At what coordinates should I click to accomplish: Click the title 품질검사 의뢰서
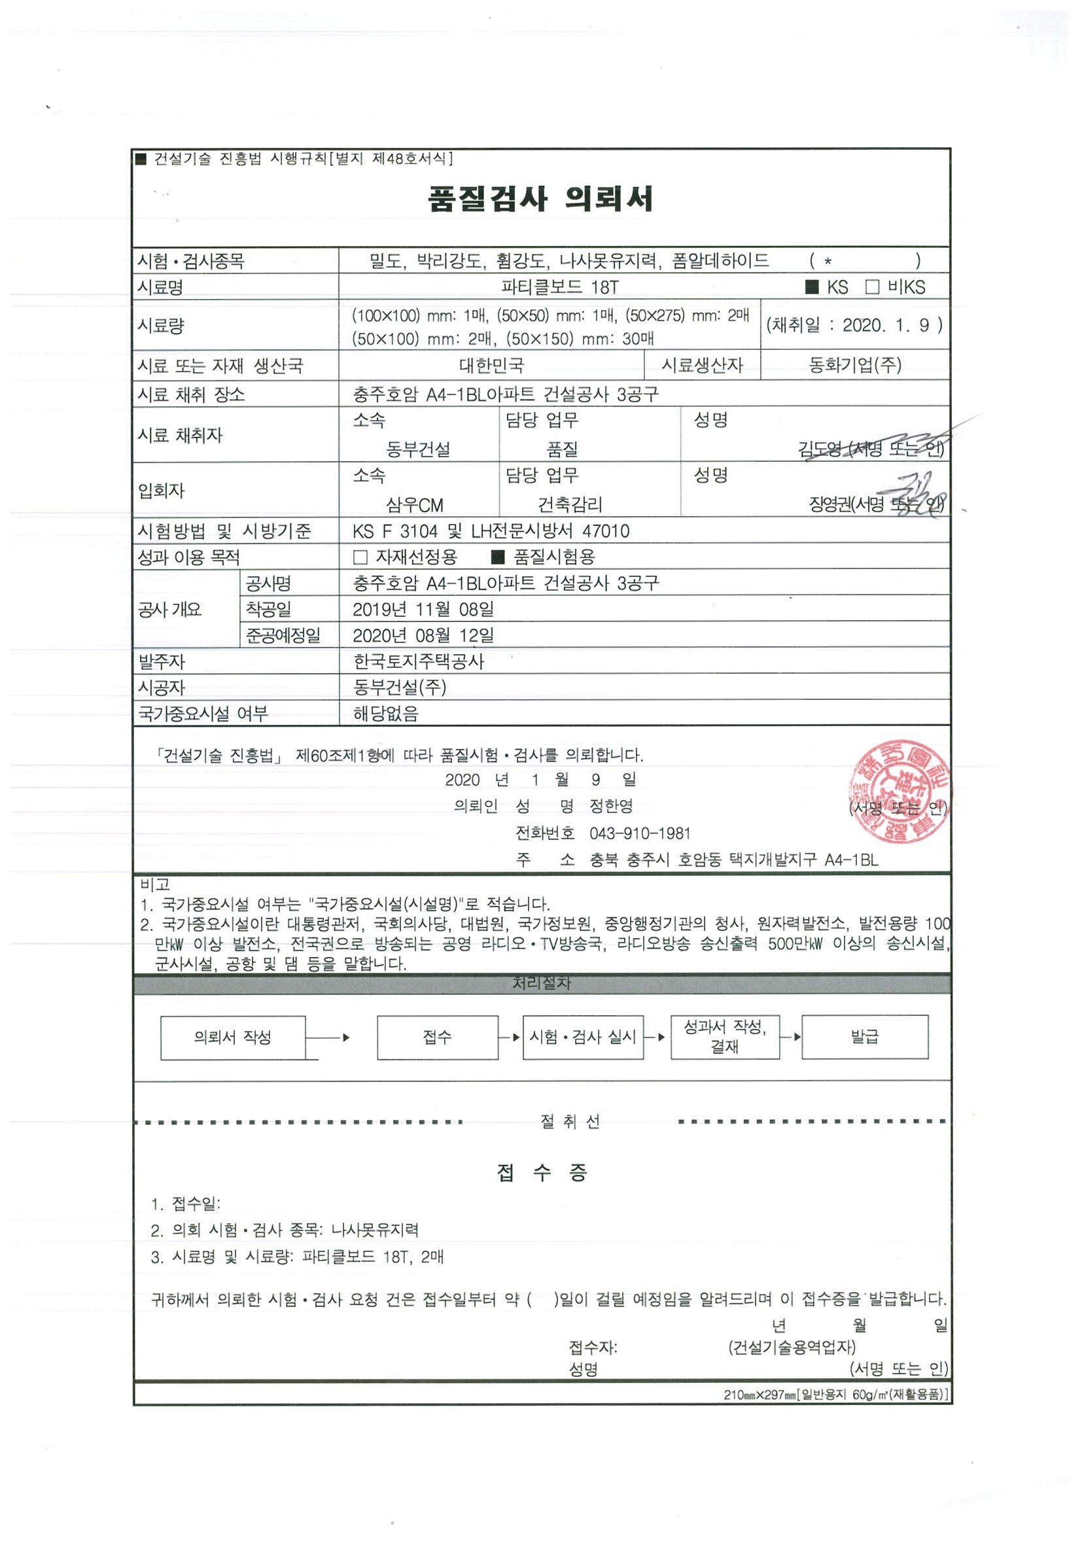540,199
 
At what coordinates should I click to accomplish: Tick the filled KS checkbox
812,287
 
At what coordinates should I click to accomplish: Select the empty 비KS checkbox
872,287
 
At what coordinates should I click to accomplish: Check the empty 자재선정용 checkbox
360,557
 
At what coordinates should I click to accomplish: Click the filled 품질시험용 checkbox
498,557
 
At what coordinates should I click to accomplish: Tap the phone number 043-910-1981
640,833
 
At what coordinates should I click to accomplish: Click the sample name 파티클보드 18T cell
559,287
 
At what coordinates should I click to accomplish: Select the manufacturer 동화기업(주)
854,365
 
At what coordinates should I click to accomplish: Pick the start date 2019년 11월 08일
423,609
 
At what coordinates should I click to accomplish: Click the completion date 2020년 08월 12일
423,635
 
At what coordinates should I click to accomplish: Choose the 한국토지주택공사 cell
418,661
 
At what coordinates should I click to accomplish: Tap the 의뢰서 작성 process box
233,1037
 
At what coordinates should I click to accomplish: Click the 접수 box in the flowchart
437,1037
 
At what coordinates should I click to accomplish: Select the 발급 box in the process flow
864,1036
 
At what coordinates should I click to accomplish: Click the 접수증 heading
542,1173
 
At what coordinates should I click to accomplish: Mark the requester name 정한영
610,805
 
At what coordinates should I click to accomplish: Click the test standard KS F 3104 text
394,531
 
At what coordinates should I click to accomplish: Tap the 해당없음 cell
385,713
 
